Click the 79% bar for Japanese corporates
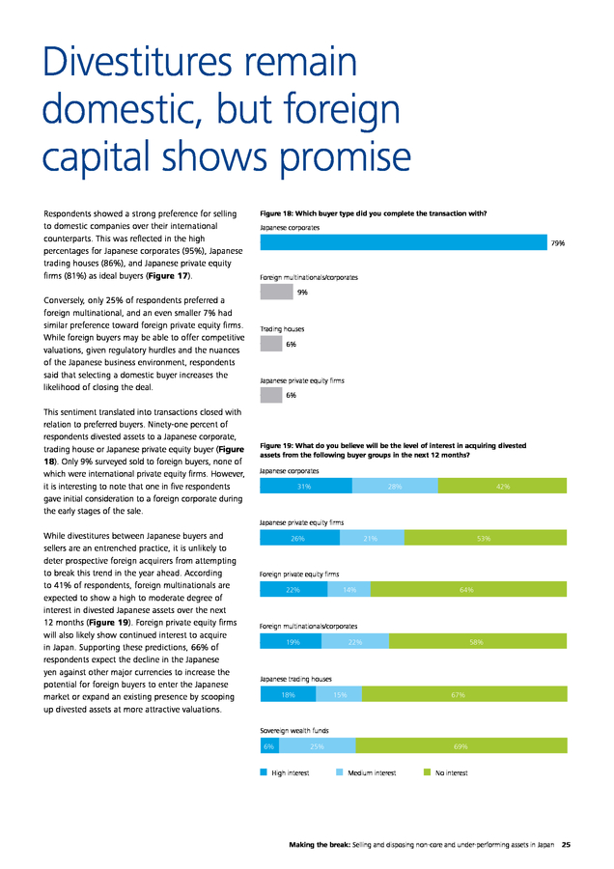coord(404,242)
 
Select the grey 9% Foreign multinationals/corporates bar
coord(276,292)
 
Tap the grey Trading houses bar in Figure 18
coord(271,344)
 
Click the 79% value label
coord(557,242)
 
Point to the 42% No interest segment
coord(502,486)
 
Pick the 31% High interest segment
coord(306,486)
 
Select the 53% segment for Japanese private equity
coord(486,538)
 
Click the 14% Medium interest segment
coord(349,589)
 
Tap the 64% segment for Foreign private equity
coord(469,589)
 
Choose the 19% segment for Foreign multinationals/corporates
coord(291,641)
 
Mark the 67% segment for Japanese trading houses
coord(464,694)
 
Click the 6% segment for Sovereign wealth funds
coord(270,746)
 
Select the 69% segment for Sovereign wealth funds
coord(461,746)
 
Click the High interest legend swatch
coord(264,772)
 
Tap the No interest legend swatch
coord(428,772)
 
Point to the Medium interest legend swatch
coord(340,772)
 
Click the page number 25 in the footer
coord(566,845)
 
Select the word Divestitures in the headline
coord(137,62)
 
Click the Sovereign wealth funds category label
coord(294,731)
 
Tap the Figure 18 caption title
coord(374,213)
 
